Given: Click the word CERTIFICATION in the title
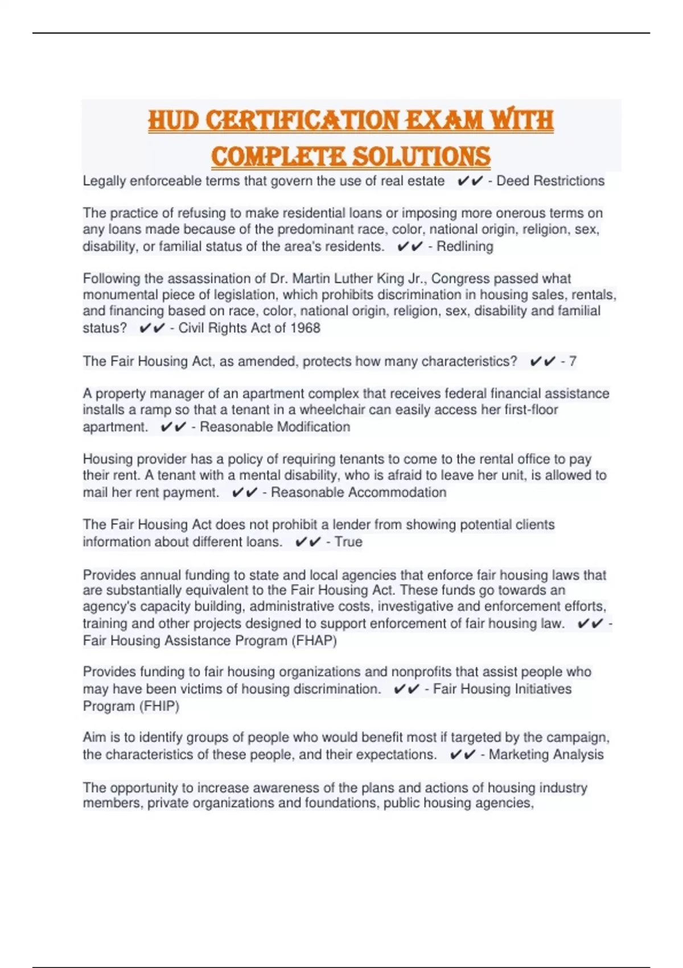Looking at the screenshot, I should pyautogui.click(x=302, y=120).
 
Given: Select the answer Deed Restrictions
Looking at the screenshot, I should pyautogui.click(x=550, y=181).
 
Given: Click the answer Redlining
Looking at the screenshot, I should pyautogui.click(x=464, y=247).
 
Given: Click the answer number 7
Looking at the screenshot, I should pyautogui.click(x=573, y=362).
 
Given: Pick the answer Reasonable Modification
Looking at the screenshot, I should pyautogui.click(x=275, y=427).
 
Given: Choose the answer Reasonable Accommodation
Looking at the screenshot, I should pyautogui.click(x=359, y=493).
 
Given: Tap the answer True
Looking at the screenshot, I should pyautogui.click(x=348, y=542).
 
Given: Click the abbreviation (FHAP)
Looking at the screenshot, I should pyautogui.click(x=314, y=641).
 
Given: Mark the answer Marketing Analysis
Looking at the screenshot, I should pyautogui.click(x=546, y=754).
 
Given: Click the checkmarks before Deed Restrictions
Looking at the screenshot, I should pyautogui.click(x=470, y=181).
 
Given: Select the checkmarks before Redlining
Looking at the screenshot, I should pyautogui.click(x=410, y=247).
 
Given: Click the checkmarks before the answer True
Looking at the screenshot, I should pyautogui.click(x=308, y=542).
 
